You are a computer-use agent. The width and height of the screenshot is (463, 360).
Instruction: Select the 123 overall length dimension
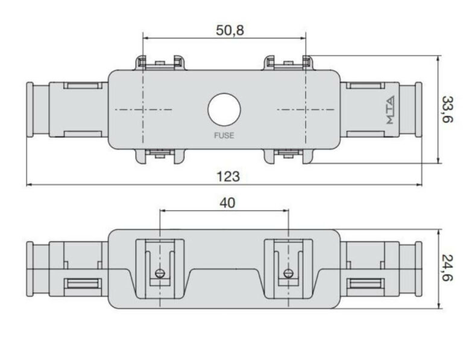point(228,176)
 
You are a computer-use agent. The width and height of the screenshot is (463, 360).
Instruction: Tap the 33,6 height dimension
point(447,110)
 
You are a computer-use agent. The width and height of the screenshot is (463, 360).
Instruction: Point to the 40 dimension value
point(227,203)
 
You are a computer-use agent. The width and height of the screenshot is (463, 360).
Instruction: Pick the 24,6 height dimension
point(447,269)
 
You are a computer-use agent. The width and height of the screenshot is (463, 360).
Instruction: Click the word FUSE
point(224,136)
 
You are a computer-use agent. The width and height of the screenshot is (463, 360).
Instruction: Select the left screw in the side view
point(159,273)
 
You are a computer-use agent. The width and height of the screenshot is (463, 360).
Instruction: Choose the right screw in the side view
point(289,273)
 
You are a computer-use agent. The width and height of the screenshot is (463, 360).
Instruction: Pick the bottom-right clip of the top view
point(288,157)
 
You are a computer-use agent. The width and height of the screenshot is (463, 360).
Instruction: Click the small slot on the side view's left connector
point(82,285)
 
